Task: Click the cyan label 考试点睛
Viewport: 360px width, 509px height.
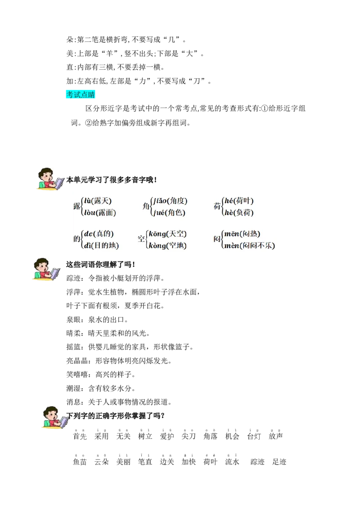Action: (81, 94)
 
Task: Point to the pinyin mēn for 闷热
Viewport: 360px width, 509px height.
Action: (231, 234)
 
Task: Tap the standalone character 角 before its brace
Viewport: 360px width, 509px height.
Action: (146, 206)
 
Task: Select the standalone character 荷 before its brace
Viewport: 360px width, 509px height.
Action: (217, 206)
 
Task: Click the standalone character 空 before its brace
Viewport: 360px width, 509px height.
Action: (141, 239)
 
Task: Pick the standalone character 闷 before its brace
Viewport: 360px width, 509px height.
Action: (217, 239)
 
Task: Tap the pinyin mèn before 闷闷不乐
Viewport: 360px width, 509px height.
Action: (232, 246)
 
